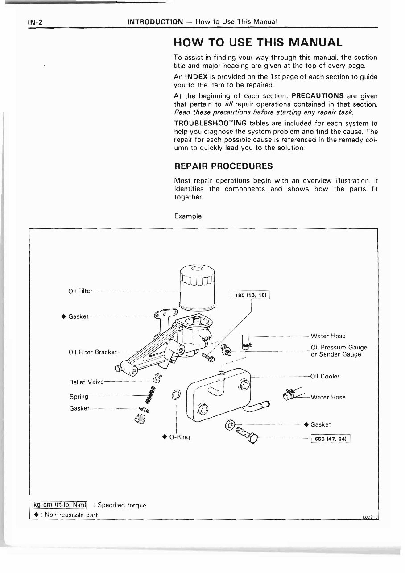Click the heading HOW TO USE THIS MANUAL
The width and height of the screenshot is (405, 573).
pyautogui.click(x=258, y=42)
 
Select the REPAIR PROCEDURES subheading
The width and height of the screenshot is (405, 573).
pyautogui.click(x=223, y=166)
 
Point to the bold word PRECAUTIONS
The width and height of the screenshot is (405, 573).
pyautogui.click(x=318, y=96)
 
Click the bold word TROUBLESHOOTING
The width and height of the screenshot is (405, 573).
pyautogui.click(x=210, y=123)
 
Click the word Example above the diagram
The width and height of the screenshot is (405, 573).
pyautogui.click(x=189, y=216)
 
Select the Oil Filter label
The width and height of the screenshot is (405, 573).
pyautogui.click(x=80, y=291)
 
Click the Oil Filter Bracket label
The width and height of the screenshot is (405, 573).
pyautogui.click(x=92, y=352)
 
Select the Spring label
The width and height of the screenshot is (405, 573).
pyautogui.click(x=79, y=397)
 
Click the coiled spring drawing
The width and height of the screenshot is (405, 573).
pyautogui.click(x=151, y=396)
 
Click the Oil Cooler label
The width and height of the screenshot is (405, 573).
pyautogui.click(x=325, y=376)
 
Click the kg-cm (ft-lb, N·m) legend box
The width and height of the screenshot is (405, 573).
pyautogui.click(x=61, y=505)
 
